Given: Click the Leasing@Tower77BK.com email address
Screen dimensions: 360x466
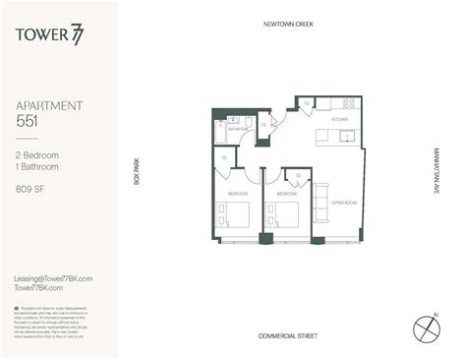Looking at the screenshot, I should pos(53,278).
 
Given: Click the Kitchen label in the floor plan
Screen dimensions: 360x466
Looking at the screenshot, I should pos(339,120).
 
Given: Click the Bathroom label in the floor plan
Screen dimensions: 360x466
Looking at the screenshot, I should pos(237,129).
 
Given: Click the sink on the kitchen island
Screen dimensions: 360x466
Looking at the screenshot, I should pos(345,138).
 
